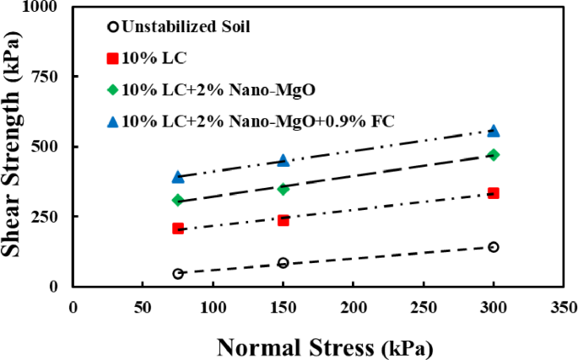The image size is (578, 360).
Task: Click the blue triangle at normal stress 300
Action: pyautogui.click(x=494, y=132)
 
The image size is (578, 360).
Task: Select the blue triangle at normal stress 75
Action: pyautogui.click(x=178, y=177)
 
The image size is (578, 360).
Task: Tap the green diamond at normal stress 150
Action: pyautogui.click(x=284, y=190)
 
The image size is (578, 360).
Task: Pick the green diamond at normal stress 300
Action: pyautogui.click(x=494, y=155)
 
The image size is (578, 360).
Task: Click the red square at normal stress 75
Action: pyautogui.click(x=178, y=228)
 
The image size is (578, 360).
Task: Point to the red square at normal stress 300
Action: pyautogui.click(x=494, y=193)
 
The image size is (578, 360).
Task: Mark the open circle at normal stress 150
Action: pyautogui.click(x=284, y=263)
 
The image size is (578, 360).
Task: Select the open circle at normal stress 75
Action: pyautogui.click(x=178, y=274)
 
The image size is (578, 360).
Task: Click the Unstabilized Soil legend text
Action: pyautogui.click(x=186, y=26)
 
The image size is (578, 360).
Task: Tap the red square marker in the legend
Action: pyautogui.click(x=113, y=58)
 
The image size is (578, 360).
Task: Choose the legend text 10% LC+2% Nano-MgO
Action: pyautogui.click(x=219, y=90)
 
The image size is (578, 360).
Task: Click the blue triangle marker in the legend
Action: pyautogui.click(x=113, y=121)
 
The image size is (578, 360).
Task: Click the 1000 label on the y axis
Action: pyautogui.click(x=41, y=7)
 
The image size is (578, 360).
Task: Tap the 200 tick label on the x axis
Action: pyautogui.click(x=354, y=308)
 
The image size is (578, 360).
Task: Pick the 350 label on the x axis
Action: pyautogui.click(x=564, y=308)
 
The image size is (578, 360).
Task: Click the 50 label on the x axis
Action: pyautogui.click(x=143, y=308)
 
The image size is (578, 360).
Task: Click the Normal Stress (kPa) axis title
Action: pyautogui.click(x=325, y=347)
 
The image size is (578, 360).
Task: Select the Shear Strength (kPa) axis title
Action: pyautogui.click(x=12, y=143)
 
